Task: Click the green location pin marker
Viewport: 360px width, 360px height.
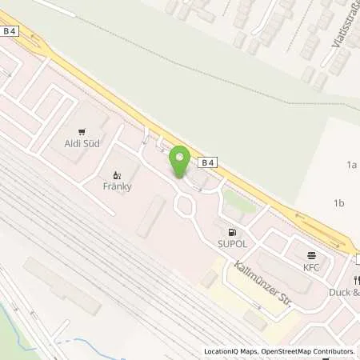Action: tap(180, 159)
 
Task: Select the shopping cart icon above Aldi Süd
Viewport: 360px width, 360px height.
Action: tap(82, 131)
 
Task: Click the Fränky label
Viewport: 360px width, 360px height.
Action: tap(117, 186)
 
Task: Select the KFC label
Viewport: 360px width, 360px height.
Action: tap(310, 267)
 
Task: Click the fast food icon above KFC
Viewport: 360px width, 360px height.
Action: tap(310, 255)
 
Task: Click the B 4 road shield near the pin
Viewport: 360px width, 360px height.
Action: tap(208, 163)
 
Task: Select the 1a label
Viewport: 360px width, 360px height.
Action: tap(350, 165)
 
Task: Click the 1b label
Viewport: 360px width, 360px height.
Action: tap(338, 203)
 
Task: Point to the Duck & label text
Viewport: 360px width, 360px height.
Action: tap(344, 292)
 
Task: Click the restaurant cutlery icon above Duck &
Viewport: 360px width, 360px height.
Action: tap(355, 280)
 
